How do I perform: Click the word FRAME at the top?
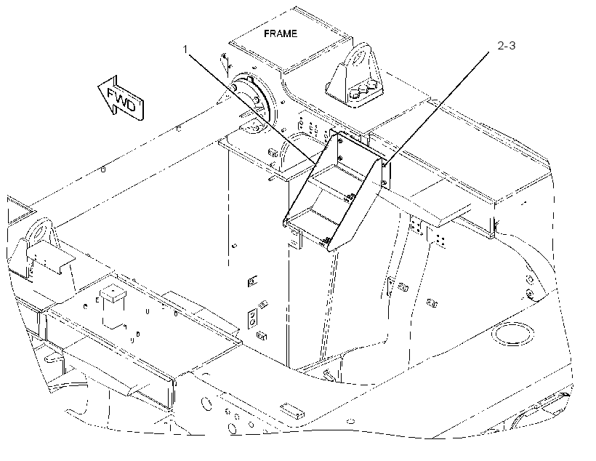pyautogui.click(x=281, y=33)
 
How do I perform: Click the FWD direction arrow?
pyautogui.click(x=121, y=98)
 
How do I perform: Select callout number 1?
pyautogui.click(x=185, y=49)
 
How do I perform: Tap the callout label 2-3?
pyautogui.click(x=507, y=46)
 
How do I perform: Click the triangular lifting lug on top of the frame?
pyautogui.click(x=354, y=76)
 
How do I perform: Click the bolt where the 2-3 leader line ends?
pyautogui.click(x=384, y=165)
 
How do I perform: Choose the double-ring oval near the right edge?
pyautogui.click(x=512, y=334)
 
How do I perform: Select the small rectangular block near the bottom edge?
pyautogui.click(x=292, y=411)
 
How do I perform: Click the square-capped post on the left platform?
pyautogui.click(x=113, y=294)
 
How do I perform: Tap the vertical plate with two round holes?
pyautogui.click(x=252, y=318)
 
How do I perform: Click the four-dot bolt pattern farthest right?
pyautogui.click(x=441, y=240)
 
